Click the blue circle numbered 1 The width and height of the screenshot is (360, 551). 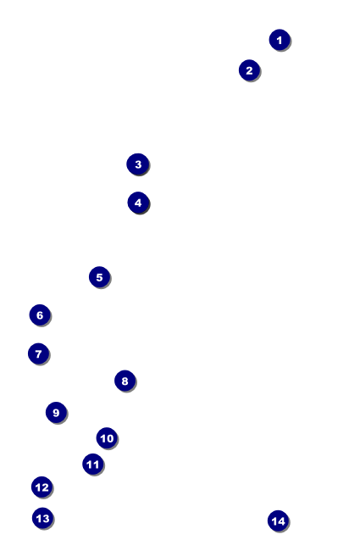pyautogui.click(x=280, y=40)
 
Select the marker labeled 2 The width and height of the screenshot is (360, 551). pyautogui.click(x=249, y=70)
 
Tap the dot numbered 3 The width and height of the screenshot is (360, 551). pyautogui.click(x=138, y=164)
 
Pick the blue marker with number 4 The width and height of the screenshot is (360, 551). pyautogui.click(x=138, y=203)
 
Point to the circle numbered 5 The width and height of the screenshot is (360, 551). pyautogui.click(x=99, y=277)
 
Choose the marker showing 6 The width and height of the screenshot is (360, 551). pyautogui.click(x=40, y=314)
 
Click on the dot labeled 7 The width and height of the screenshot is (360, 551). pyautogui.click(x=39, y=353)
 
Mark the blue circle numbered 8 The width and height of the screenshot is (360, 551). pyautogui.click(x=125, y=381)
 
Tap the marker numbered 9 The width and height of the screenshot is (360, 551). pyautogui.click(x=56, y=413)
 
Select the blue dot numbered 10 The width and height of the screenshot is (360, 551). pyautogui.click(x=107, y=438)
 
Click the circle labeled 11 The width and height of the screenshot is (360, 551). pyautogui.click(x=93, y=465)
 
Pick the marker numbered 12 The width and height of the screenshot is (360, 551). pyautogui.click(x=42, y=487)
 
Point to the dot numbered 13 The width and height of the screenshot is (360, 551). pyautogui.click(x=43, y=518)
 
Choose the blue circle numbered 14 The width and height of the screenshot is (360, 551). pyautogui.click(x=278, y=520)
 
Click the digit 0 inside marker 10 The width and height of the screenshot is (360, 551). pyautogui.click(x=110, y=438)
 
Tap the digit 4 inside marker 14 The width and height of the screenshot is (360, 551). pyautogui.click(x=281, y=521)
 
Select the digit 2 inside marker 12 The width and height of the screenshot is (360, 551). pyautogui.click(x=45, y=487)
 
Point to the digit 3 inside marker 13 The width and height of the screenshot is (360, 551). pyautogui.click(x=46, y=519)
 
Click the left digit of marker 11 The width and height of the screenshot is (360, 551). pyautogui.click(x=90, y=465)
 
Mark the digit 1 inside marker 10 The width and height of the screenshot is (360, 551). pyautogui.click(x=102, y=438)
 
